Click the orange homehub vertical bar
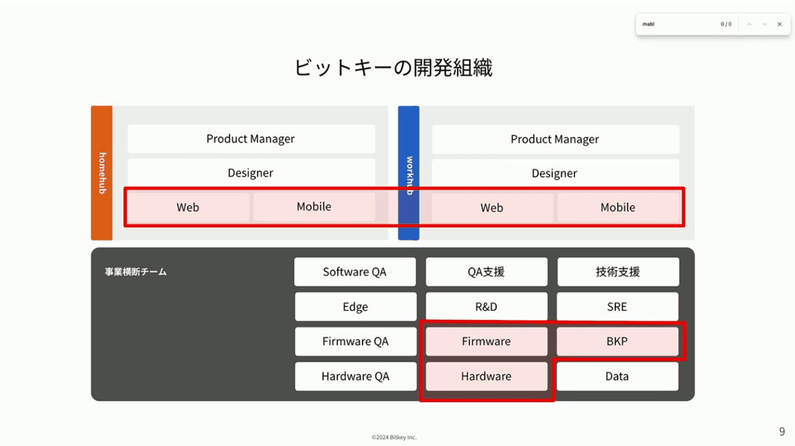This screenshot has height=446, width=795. click(x=102, y=173)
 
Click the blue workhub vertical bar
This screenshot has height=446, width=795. click(x=409, y=173)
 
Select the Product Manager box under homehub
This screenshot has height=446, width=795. click(x=251, y=139)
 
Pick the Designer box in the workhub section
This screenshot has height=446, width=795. click(x=555, y=173)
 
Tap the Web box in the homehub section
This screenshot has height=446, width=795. click(x=188, y=207)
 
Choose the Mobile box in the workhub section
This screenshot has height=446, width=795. click(x=618, y=207)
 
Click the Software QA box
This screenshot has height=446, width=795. click(x=355, y=272)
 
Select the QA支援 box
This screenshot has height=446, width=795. click(x=486, y=272)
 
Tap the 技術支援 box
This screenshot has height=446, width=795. click(x=618, y=272)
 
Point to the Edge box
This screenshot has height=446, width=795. click(x=356, y=307)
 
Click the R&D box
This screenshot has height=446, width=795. click(x=486, y=307)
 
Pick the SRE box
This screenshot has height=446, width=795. click(x=617, y=307)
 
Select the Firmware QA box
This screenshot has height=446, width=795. click(x=356, y=341)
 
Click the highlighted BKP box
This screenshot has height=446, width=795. click(x=617, y=341)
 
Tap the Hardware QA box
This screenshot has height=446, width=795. click(x=356, y=376)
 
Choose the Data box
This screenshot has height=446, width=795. click(x=617, y=376)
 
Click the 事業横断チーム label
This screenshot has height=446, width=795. click(x=136, y=272)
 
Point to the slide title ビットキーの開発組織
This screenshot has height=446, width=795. click(x=394, y=68)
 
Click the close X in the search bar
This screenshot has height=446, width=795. click(x=779, y=24)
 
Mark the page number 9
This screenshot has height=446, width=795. click(x=782, y=431)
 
